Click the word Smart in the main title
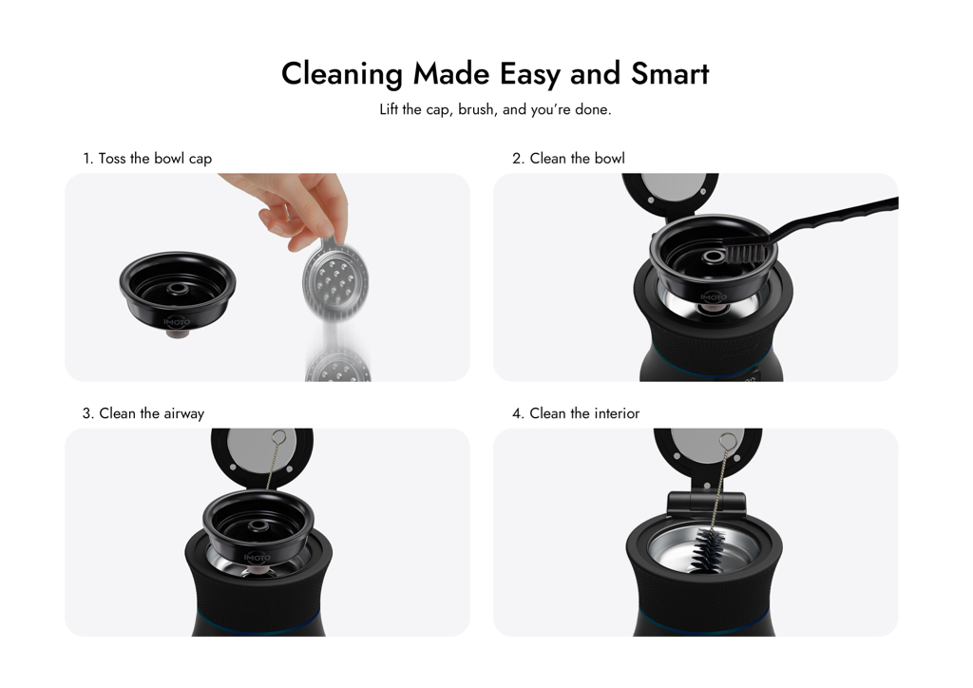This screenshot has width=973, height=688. [x=670, y=74]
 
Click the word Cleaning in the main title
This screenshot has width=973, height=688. [x=342, y=75]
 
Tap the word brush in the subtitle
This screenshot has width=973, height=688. [x=476, y=109]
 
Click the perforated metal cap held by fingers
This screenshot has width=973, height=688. [x=334, y=280]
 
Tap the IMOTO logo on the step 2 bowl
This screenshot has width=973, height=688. [x=713, y=297]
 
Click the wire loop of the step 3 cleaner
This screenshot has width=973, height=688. [x=278, y=438]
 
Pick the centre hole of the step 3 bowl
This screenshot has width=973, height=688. [x=258, y=526]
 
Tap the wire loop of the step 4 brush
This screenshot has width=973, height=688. [x=728, y=442]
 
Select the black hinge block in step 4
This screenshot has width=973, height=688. [x=706, y=502]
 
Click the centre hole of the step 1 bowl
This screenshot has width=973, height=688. [x=178, y=289]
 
